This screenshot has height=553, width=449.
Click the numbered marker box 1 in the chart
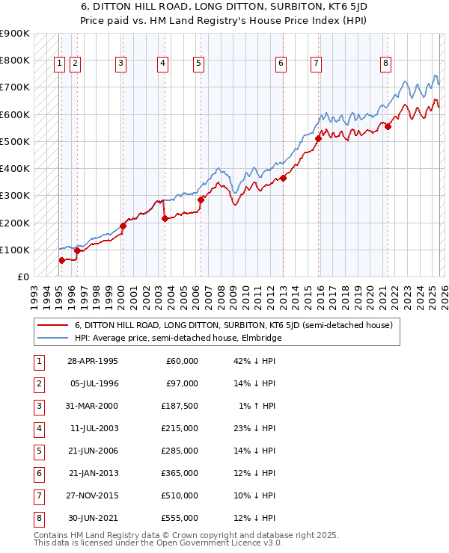click(x=59, y=64)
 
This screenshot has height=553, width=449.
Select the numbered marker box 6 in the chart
click(x=281, y=64)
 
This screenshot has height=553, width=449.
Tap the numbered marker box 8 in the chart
click(x=385, y=64)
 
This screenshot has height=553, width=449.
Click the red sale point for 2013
click(x=284, y=178)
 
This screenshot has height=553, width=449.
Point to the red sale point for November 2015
click(x=318, y=138)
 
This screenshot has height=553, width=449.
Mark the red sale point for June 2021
click(x=388, y=126)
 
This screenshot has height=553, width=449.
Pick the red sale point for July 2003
click(x=165, y=218)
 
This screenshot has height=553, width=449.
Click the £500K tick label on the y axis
click(x=15, y=141)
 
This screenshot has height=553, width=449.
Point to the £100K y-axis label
click(x=15, y=250)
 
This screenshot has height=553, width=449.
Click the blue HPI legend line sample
click(x=53, y=339)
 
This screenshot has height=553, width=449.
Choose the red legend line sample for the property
click(x=53, y=325)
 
